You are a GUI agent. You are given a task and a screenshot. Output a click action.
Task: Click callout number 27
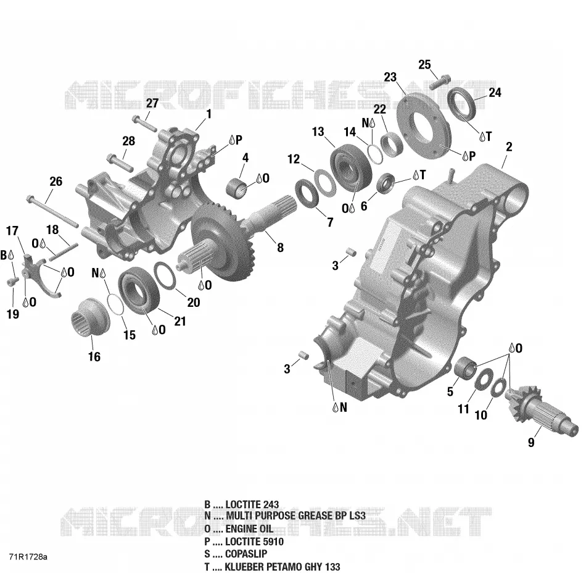click(152, 103)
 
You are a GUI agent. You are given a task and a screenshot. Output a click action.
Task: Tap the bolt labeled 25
click(440, 82)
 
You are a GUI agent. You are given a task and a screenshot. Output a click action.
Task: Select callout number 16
click(94, 356)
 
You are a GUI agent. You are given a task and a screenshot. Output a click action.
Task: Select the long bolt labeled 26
click(52, 211)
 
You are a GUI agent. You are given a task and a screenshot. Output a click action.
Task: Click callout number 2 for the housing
click(509, 147)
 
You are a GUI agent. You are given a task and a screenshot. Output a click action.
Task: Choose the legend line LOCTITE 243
click(241, 504)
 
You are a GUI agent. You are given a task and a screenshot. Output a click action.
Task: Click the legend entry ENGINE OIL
click(239, 529)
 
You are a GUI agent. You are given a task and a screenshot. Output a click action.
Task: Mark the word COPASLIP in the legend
click(246, 554)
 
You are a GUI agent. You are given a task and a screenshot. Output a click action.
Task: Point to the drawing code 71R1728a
click(28, 557)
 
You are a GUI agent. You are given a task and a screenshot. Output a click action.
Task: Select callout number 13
click(318, 132)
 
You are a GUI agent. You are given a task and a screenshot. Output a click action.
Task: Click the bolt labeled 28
click(120, 162)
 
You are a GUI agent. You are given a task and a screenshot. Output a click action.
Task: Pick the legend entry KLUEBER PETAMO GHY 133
click(272, 567)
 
